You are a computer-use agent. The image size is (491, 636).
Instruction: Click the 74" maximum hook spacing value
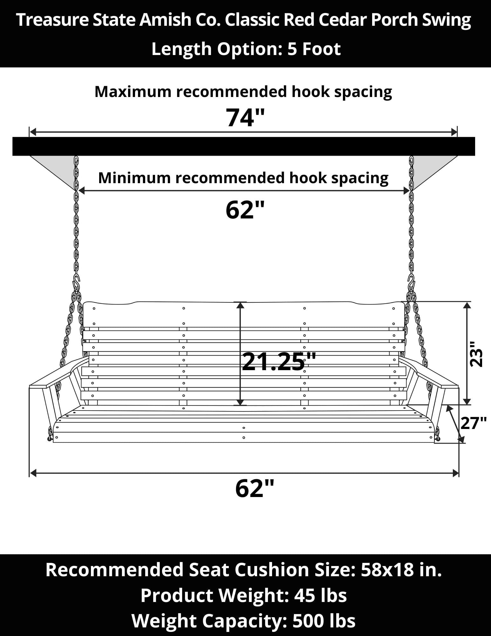(245, 118)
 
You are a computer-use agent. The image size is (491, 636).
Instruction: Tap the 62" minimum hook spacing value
(245, 210)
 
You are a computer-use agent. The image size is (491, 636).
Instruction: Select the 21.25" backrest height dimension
(279, 362)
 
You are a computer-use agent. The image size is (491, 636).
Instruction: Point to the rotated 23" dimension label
(476, 354)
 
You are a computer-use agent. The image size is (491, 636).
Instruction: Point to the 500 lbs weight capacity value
(324, 620)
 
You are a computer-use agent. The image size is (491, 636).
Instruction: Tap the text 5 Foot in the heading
(314, 49)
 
